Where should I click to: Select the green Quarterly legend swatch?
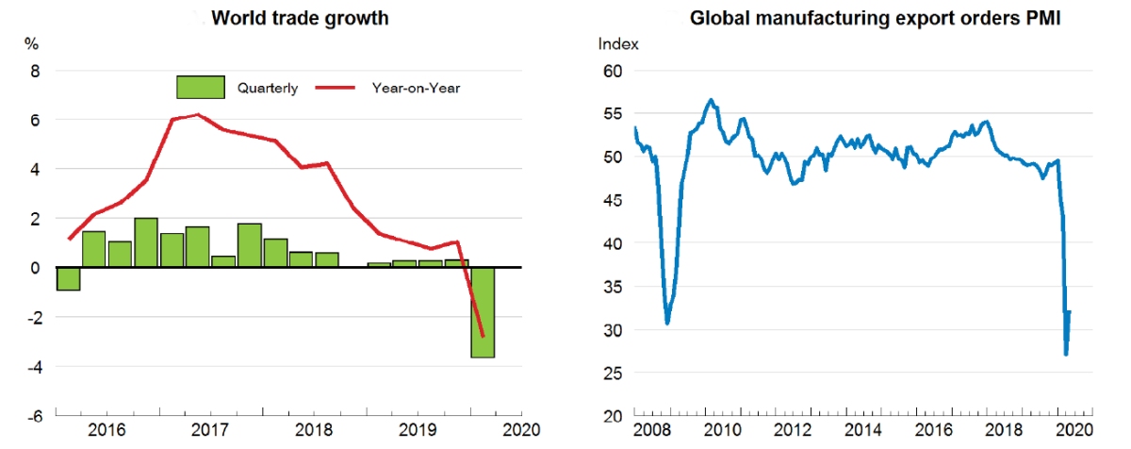[x=200, y=88]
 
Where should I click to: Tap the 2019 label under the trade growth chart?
[x=416, y=430]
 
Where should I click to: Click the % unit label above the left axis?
[x=31, y=43]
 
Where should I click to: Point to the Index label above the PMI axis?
[x=618, y=43]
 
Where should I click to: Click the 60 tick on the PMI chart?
[x=613, y=71]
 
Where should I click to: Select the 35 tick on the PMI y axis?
[x=613, y=330]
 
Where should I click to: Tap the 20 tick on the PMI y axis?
[x=613, y=416]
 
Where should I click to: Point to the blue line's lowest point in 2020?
[x=1065, y=355]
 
